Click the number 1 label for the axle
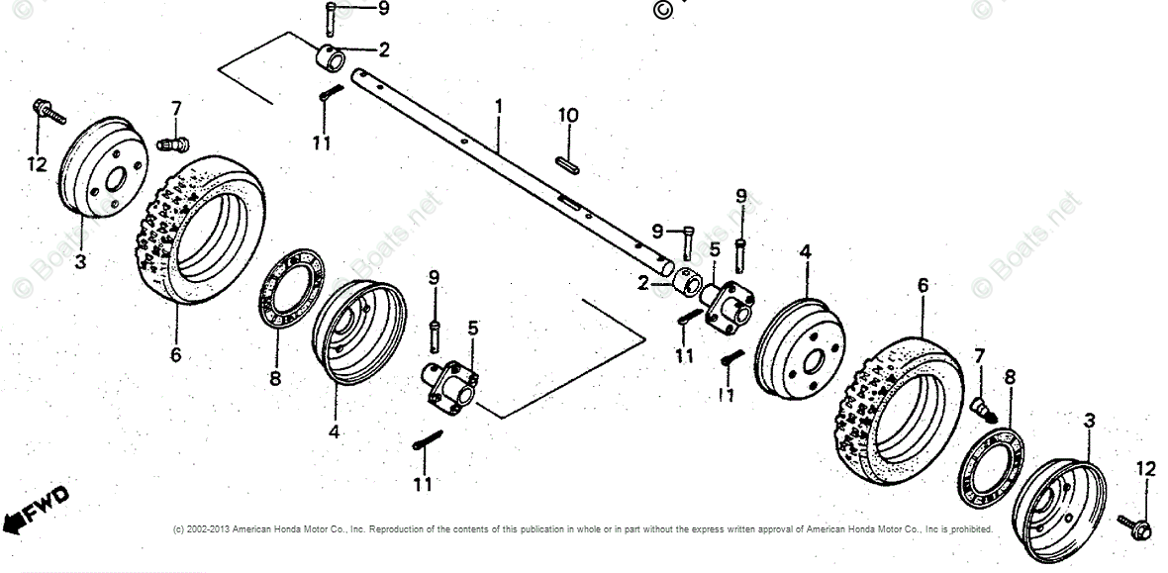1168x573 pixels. tap(499, 105)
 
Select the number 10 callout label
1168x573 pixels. tap(567, 116)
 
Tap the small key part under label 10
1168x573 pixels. tap(567, 164)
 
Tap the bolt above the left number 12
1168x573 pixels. tap(48, 110)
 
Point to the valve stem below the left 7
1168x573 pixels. tap(172, 144)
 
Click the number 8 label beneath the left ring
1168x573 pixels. tap(275, 379)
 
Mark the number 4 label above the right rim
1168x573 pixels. tap(806, 252)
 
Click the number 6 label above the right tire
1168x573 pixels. tap(923, 285)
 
